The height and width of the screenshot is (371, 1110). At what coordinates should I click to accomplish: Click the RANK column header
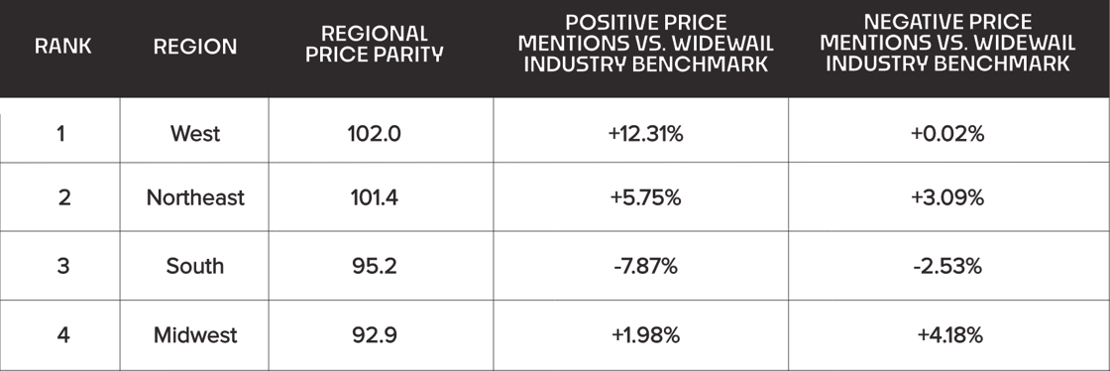coord(63,47)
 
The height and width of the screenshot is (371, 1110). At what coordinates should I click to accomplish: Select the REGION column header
coord(195,47)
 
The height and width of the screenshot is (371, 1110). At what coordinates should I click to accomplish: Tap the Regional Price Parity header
coord(374,46)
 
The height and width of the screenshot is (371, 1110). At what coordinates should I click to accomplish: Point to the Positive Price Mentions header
coord(645,43)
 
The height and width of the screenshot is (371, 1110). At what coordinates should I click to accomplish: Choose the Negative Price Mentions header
coord(947,43)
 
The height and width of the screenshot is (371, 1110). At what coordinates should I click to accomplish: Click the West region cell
coord(196,134)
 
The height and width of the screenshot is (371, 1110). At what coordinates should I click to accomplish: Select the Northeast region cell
coord(195,198)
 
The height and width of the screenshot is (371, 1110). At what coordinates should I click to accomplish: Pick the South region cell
coord(195,267)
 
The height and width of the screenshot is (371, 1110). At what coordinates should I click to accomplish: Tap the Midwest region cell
coord(195,335)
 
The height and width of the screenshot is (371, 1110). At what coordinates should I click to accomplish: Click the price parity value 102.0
coord(374,134)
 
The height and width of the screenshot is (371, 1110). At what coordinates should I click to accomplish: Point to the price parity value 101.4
coord(374,198)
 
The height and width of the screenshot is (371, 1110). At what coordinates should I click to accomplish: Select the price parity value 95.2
coord(374,267)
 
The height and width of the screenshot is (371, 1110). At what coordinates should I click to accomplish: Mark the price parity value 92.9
coord(374,335)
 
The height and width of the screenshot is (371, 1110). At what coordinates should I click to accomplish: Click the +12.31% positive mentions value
coord(645,134)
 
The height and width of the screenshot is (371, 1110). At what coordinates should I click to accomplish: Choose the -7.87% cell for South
coord(645,267)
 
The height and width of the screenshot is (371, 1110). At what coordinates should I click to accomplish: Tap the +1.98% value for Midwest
coord(645,335)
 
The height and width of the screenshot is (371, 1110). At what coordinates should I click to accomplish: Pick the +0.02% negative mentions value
coord(947,134)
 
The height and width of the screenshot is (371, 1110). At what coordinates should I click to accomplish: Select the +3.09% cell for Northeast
coord(947,198)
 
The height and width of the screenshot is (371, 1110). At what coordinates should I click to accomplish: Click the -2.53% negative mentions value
coord(947,267)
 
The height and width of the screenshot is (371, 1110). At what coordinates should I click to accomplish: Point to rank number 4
coord(63,335)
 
